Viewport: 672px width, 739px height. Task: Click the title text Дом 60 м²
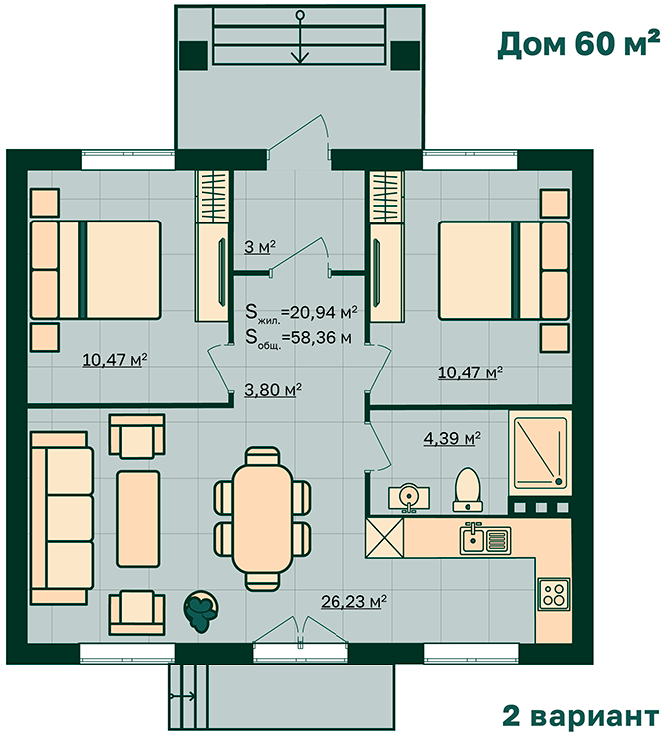[x=579, y=44]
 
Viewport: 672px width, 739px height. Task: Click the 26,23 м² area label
[x=353, y=602]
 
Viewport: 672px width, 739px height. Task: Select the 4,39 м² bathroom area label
[x=452, y=438]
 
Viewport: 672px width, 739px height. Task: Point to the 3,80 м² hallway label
[x=273, y=390]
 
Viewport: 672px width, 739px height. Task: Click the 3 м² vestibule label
[x=259, y=247]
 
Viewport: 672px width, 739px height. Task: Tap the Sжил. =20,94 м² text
[x=302, y=313]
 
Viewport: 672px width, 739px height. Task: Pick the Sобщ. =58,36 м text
[x=299, y=338]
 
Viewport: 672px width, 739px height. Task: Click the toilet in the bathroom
[x=468, y=489]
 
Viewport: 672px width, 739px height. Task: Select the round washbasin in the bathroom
[x=409, y=498]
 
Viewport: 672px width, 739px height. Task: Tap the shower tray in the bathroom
[x=540, y=453]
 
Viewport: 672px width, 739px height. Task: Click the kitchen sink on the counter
[x=485, y=538]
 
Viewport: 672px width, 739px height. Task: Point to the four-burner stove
[x=554, y=594]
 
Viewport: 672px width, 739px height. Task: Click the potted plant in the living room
[x=202, y=611]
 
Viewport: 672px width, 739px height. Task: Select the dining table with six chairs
[x=262, y=518]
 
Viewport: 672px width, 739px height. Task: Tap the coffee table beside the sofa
[x=138, y=518]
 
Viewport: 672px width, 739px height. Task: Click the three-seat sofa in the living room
[x=62, y=517]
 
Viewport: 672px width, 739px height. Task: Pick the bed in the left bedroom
[x=95, y=269]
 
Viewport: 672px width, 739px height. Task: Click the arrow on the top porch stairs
[x=299, y=37]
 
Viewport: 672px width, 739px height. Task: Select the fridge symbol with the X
[x=385, y=538]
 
